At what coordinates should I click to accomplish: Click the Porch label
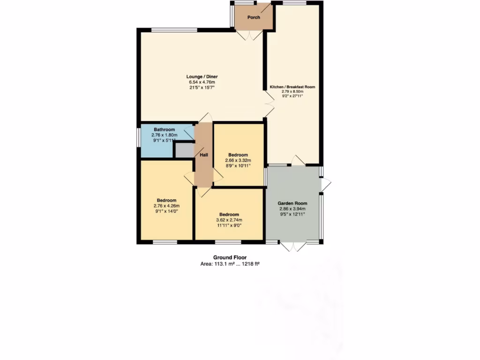tap(254, 17)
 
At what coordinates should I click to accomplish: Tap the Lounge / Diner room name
tap(202, 77)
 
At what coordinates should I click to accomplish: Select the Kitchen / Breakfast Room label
tap(292, 87)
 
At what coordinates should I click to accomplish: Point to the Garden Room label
tap(292, 203)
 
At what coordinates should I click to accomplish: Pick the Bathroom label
tap(164, 130)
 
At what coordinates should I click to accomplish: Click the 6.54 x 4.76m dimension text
tap(202, 82)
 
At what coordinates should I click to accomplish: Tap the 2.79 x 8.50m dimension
tap(292, 91)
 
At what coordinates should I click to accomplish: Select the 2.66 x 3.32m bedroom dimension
tap(238, 160)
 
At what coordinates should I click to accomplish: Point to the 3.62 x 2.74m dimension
tap(229, 220)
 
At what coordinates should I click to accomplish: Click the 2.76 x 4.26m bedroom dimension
tap(166, 205)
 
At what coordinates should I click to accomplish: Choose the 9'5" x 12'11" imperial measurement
tap(292, 214)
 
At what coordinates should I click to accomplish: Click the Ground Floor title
tap(230, 257)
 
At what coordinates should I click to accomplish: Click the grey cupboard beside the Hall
tap(184, 150)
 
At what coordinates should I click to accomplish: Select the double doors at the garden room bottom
tap(293, 246)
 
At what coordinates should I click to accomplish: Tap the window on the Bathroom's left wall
tap(139, 141)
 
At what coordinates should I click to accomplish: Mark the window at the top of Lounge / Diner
tap(173, 30)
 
